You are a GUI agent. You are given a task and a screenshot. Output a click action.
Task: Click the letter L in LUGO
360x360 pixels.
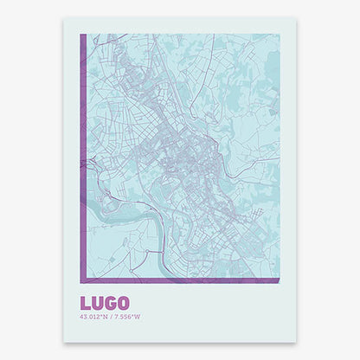(85, 304)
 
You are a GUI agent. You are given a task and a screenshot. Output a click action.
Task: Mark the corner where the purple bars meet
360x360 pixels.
(82, 281)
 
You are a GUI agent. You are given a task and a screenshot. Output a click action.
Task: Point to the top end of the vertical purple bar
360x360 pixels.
(82, 35)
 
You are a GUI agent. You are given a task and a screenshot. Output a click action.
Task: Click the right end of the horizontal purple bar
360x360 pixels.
(279, 281)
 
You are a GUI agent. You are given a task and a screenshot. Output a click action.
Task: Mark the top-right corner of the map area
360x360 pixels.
(280, 35)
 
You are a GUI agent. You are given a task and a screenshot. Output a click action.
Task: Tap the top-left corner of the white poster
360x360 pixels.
(64, 19)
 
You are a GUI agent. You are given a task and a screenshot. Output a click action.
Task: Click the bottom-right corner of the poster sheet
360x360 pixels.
(296, 340)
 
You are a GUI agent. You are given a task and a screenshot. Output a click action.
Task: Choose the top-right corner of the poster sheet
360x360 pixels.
(296, 19)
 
